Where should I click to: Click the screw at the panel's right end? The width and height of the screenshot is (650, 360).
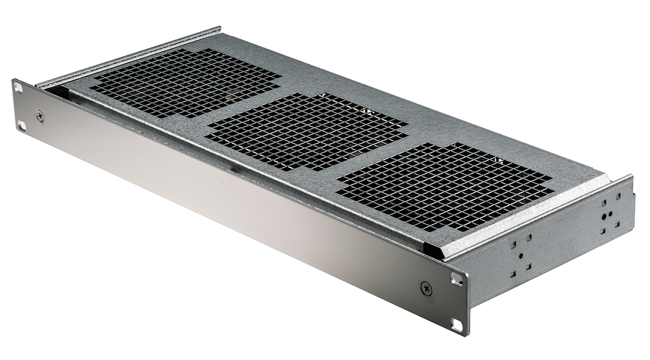[427, 288]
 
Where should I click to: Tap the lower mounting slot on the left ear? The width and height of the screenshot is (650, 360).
[21, 126]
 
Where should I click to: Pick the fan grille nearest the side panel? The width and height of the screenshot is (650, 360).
[444, 185]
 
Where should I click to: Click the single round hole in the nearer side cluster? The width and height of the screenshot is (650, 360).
[521, 256]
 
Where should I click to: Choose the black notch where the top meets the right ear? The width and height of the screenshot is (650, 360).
[433, 249]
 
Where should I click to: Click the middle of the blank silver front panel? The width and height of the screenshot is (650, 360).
[233, 200]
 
